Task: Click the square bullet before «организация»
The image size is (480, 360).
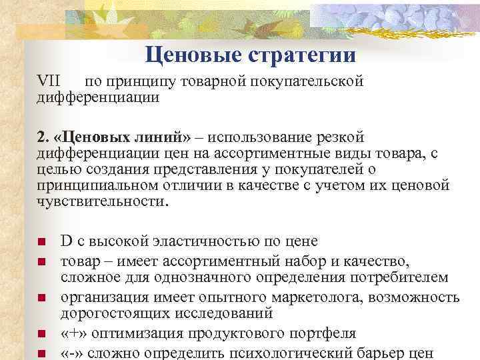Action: (41, 297)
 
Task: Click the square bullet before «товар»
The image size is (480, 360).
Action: (41, 258)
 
